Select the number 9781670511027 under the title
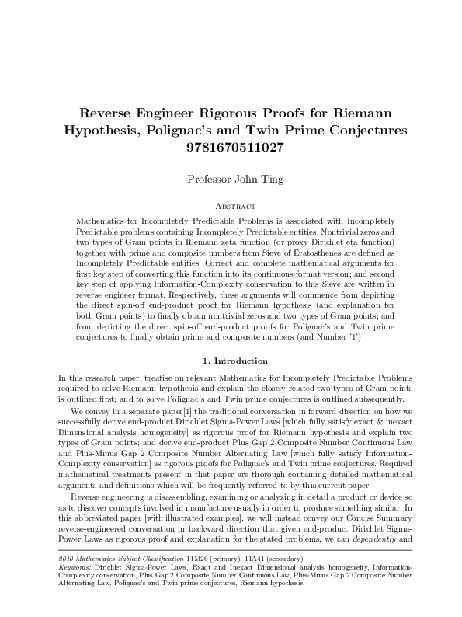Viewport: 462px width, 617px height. click(x=231, y=145)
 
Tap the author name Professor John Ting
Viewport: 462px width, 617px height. click(x=231, y=180)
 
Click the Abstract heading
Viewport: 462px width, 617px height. click(x=231, y=207)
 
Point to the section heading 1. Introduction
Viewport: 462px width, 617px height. click(x=231, y=361)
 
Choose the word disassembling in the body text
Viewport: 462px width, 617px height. click(x=191, y=495)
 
